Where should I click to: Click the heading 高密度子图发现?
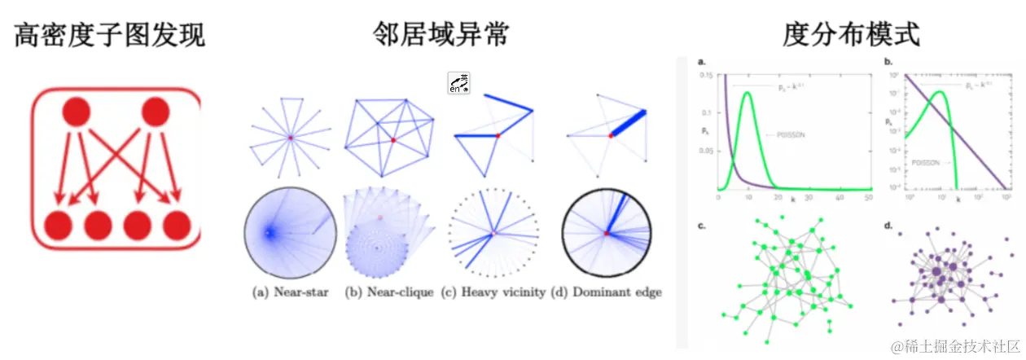pos(109,34)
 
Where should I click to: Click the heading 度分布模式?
pos(851,34)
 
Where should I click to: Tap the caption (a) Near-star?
pos(289,291)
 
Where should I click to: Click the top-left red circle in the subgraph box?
pos(76,112)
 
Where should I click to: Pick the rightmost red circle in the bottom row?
pos(178,225)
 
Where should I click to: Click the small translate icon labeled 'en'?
pos(459,84)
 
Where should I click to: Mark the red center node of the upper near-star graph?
pos(290,138)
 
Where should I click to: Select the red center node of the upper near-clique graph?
pos(392,141)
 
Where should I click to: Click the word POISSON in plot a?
pos(792,135)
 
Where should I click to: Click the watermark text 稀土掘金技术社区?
pos(962,347)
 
